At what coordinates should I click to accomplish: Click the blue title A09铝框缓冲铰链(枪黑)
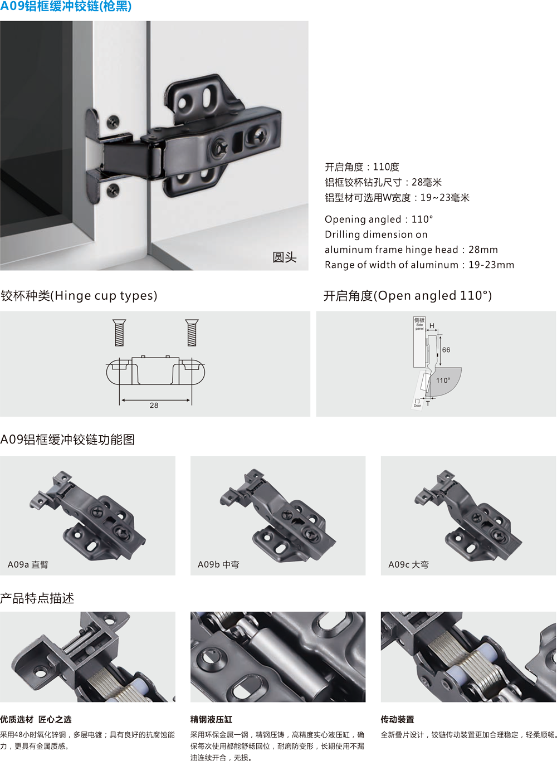(66, 6)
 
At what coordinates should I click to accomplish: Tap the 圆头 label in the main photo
(284, 257)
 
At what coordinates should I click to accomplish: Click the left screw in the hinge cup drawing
(119, 333)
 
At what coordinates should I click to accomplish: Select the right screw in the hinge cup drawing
(192, 333)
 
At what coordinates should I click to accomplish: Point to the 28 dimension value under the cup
(154, 406)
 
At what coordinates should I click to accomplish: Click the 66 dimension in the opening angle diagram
(446, 350)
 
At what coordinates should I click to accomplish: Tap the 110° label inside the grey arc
(443, 380)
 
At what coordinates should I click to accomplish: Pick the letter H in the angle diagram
(432, 326)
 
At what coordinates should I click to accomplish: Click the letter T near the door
(428, 403)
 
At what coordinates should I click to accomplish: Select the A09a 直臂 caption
(28, 565)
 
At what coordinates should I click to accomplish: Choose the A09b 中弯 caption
(218, 565)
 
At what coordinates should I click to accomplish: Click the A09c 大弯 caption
(409, 565)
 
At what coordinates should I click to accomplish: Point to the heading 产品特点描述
(37, 598)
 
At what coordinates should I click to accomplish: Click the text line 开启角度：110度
(362, 167)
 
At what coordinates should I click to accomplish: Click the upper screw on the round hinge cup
(113, 122)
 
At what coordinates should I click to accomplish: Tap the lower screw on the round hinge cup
(113, 190)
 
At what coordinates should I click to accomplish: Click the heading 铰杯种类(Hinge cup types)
(79, 296)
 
